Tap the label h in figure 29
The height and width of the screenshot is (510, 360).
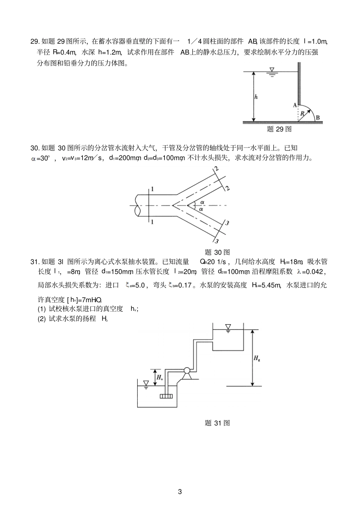tap(256, 97)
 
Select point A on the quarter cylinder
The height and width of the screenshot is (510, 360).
tap(294, 105)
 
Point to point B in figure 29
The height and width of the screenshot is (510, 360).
tap(318, 118)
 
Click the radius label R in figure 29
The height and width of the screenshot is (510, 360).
tap(302, 113)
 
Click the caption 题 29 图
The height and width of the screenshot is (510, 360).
tap(279, 129)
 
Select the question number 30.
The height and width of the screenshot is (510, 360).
tap(34, 148)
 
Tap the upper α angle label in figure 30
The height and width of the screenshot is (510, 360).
tap(202, 202)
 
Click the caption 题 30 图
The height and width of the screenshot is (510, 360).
tap(217, 252)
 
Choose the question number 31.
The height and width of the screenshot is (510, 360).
tap(34, 262)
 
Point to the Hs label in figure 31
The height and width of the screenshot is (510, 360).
tap(160, 377)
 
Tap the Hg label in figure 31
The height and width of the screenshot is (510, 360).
tap(257, 357)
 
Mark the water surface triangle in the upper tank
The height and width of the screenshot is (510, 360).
tap(228, 326)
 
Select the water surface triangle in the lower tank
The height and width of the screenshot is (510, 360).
tap(146, 383)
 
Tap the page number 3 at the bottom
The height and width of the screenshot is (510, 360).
tap(180, 492)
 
